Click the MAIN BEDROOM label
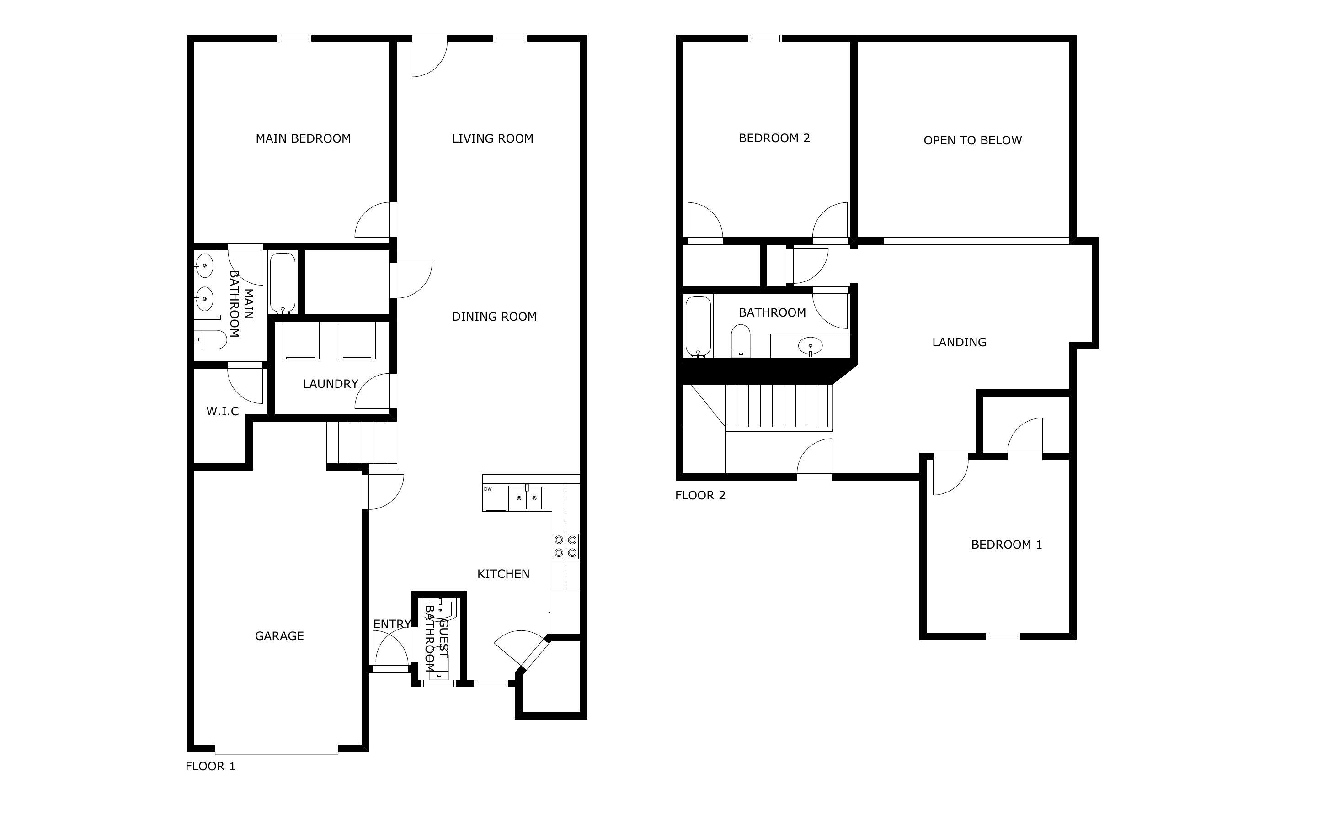pos(303,139)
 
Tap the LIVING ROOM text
pos(492,139)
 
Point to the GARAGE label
pos(279,636)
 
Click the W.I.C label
pos(223,411)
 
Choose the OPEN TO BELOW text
pos(972,140)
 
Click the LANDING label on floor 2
pos(959,343)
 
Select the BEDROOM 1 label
pos(1006,545)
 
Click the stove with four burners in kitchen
pos(565,546)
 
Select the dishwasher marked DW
pos(495,498)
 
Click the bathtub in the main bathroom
pos(283,282)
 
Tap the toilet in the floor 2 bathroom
pos(741,341)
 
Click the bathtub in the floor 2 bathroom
pos(698,326)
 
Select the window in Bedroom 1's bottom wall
pos(1002,636)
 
